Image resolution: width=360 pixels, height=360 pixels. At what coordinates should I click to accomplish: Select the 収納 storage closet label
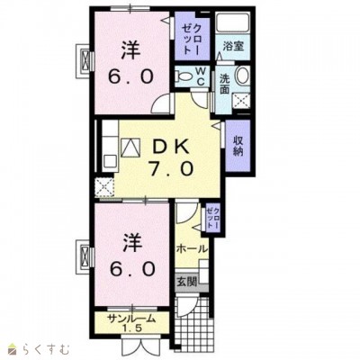coord(238,146)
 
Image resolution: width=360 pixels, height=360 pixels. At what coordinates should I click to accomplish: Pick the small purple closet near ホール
coord(211,218)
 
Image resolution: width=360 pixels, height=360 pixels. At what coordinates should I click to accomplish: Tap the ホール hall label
coord(191,248)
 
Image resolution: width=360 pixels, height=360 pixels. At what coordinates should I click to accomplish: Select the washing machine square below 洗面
coord(241,101)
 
